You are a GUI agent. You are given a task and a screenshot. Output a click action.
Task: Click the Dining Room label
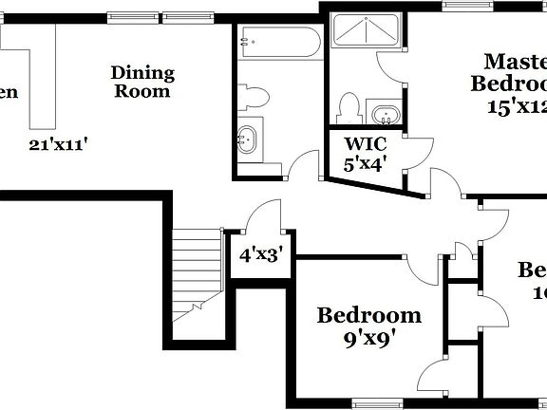[x=142, y=82]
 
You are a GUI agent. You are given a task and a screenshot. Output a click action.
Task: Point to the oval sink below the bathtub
[x=250, y=140]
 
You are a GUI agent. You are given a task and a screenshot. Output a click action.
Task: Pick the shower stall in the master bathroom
[x=366, y=35]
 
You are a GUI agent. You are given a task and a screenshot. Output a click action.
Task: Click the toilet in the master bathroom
[x=349, y=107]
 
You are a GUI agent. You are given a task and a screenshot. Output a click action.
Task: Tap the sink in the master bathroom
[x=384, y=117]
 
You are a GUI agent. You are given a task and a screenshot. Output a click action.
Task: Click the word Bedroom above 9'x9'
[x=368, y=315]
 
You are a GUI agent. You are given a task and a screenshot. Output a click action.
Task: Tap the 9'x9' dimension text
[x=368, y=335]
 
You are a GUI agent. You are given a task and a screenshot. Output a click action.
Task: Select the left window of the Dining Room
[x=132, y=16]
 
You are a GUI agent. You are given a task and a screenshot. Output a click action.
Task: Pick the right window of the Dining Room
[x=186, y=16]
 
